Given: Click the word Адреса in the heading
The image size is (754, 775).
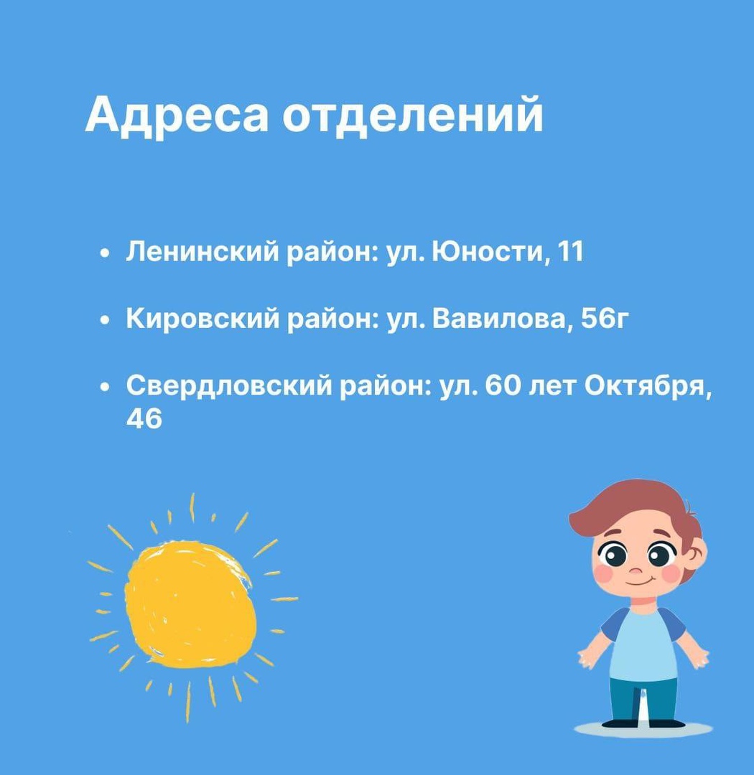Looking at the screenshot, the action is coord(177,116).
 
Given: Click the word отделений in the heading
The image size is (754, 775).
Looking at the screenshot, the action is coord(413,116).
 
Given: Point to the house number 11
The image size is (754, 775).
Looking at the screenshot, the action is coord(570,251).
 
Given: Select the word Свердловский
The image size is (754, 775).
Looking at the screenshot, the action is coord(228,385).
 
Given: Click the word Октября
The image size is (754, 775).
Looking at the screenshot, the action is coord(648,386).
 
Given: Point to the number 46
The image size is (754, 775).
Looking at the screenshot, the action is coord(144,418).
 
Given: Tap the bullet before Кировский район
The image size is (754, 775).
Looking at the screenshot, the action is coord(104,320).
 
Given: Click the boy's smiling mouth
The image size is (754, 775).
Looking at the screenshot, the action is coord(638,582).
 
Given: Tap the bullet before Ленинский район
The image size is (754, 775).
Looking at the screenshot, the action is coord(104,253).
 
